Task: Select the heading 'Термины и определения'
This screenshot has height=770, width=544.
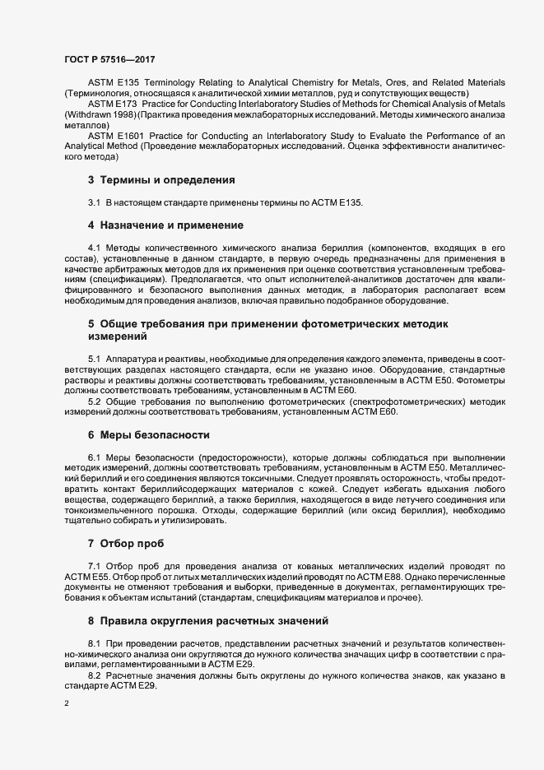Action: click(x=167, y=179)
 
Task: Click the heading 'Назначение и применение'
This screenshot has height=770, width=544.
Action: click(x=170, y=224)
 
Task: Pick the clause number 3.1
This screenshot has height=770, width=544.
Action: click(x=94, y=202)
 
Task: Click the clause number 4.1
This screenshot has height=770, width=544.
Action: click(x=94, y=246)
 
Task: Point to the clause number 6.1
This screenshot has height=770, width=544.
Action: click(x=94, y=457)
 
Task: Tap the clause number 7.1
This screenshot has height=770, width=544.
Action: click(x=94, y=566)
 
